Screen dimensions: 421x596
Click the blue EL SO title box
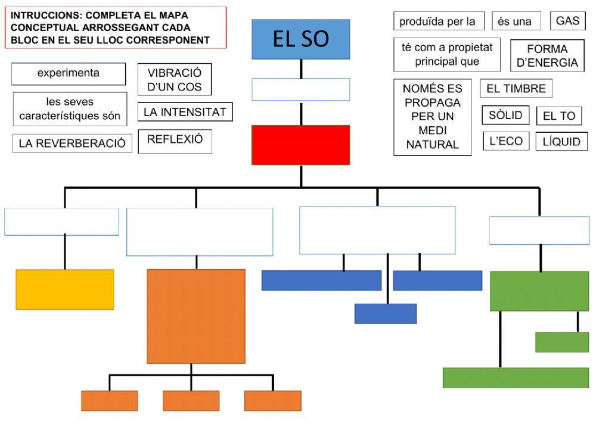tap(300, 39)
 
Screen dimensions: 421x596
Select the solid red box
tap(300, 145)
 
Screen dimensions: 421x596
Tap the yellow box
tap(64, 289)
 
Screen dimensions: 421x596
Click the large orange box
tap(195, 316)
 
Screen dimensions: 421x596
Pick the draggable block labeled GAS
tap(567, 21)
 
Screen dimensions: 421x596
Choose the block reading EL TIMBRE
tap(516, 89)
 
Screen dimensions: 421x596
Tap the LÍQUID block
tap(561, 142)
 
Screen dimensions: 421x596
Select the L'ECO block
tap(505, 141)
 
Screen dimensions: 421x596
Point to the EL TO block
tap(558, 116)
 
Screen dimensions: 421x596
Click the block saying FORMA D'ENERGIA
tap(547, 56)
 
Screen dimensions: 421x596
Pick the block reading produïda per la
tap(438, 21)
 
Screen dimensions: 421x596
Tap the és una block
tap(515, 21)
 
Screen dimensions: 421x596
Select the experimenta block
tap(68, 74)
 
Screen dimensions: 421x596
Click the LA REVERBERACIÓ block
tap(72, 144)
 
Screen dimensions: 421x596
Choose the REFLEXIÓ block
tap(175, 140)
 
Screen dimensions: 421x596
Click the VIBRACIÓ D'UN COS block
tap(174, 80)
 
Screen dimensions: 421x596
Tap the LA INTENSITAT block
tap(185, 112)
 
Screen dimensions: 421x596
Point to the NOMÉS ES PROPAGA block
tap(432, 117)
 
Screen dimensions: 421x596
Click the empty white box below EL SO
tap(300, 90)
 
